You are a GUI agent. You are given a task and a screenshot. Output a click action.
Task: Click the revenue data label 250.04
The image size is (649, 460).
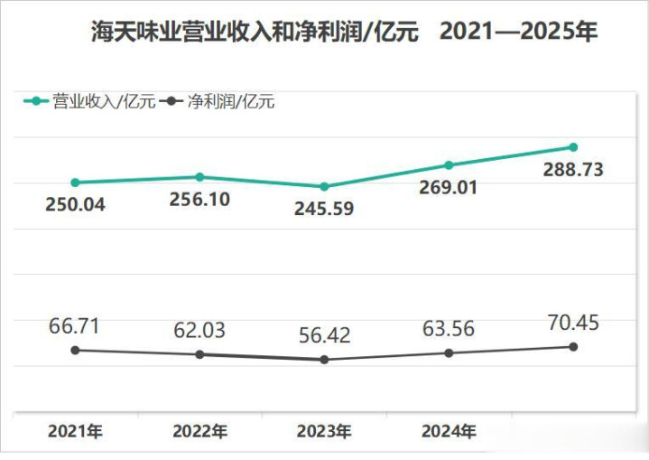(x=75, y=204)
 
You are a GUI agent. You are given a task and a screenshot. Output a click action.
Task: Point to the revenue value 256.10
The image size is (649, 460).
(x=199, y=199)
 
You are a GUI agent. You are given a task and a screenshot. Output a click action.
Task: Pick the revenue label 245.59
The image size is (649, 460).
(x=324, y=209)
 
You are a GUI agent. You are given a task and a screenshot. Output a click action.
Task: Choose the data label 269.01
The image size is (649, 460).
(x=448, y=187)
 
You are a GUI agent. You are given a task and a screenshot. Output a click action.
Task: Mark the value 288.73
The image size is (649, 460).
(x=572, y=169)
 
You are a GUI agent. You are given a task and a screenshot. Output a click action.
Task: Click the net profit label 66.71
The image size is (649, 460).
(x=75, y=326)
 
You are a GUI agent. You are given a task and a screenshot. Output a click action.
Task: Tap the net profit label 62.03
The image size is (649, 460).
(x=199, y=331)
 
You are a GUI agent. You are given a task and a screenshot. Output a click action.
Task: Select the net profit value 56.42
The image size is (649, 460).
(x=324, y=336)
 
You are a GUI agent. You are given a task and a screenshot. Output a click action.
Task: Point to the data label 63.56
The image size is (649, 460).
(x=448, y=329)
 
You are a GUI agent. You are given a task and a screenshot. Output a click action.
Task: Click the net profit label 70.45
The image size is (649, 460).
(x=572, y=323)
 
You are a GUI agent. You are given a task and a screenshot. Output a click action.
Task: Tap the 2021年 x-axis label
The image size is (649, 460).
(x=75, y=431)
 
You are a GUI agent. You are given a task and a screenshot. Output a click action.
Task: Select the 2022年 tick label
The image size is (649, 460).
(x=199, y=431)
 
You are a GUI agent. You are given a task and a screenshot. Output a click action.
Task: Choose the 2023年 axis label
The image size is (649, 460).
(x=324, y=431)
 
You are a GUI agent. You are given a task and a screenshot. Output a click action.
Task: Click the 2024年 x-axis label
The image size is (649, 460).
(x=448, y=431)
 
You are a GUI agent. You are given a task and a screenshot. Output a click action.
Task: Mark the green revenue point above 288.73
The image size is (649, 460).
(x=572, y=147)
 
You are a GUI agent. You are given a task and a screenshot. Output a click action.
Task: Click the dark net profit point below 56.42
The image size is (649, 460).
(x=324, y=360)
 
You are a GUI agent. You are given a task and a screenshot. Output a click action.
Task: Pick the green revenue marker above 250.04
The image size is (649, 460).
(x=75, y=183)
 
